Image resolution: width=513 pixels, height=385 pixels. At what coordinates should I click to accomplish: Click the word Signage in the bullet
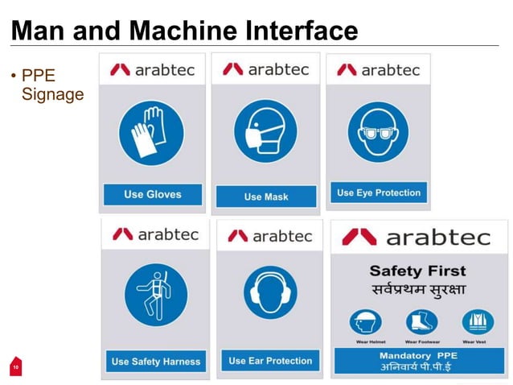pos(53,94)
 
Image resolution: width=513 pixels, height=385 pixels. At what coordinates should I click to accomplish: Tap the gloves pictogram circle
pos(152,133)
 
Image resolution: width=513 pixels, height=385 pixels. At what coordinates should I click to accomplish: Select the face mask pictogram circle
pos(265,131)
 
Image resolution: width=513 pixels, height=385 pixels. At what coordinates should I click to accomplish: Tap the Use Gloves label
pos(152,194)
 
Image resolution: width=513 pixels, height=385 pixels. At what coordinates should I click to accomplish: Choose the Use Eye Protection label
pos(378,192)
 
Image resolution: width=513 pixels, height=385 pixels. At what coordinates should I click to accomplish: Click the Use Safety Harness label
pos(156,361)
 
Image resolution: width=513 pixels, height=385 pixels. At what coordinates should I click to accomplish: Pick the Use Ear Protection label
pos(269,360)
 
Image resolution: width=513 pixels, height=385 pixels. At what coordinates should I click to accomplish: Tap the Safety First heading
pos(417,271)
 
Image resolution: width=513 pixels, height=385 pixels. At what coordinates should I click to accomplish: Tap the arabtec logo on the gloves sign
pos(152,70)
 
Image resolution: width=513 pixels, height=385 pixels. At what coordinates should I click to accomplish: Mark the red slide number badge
pos(14,367)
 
